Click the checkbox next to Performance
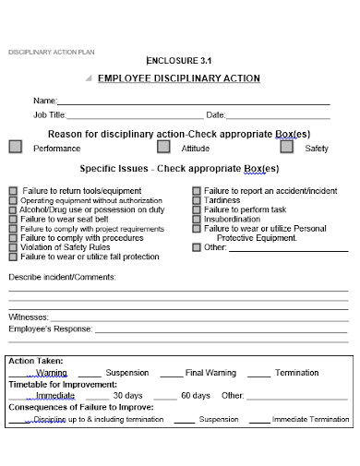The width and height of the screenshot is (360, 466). pos(15,146)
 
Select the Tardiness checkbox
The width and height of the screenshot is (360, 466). pos(197,200)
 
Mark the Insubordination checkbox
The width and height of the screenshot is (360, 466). pos(197,219)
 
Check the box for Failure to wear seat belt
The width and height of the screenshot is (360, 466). pos(13,219)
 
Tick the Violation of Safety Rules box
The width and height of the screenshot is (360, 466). pos(13,246)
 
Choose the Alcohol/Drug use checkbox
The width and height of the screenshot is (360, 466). pos(13,209)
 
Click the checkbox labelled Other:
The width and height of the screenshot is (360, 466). pos(197,247)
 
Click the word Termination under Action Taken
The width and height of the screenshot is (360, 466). pos(296,373)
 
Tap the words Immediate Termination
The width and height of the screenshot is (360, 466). pos(310,419)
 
